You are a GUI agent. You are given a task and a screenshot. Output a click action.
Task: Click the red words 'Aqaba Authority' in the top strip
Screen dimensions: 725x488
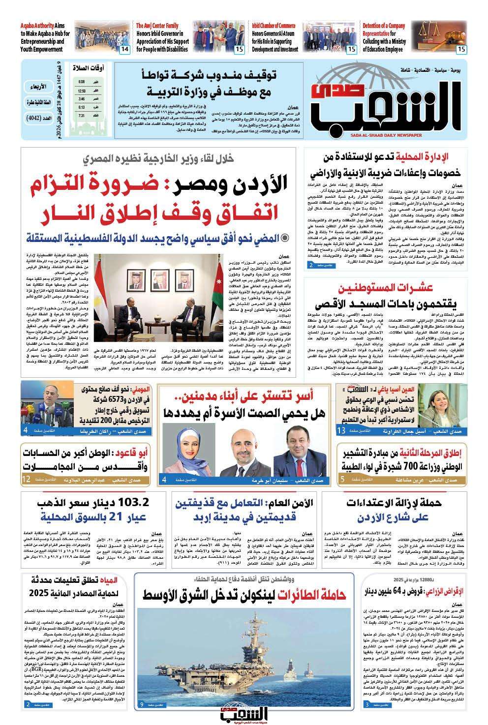[x=37, y=25]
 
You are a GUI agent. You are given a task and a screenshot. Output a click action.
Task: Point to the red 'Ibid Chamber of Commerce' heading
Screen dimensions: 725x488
[x=274, y=25]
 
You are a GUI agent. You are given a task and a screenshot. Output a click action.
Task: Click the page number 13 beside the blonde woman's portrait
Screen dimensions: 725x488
[x=341, y=431]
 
